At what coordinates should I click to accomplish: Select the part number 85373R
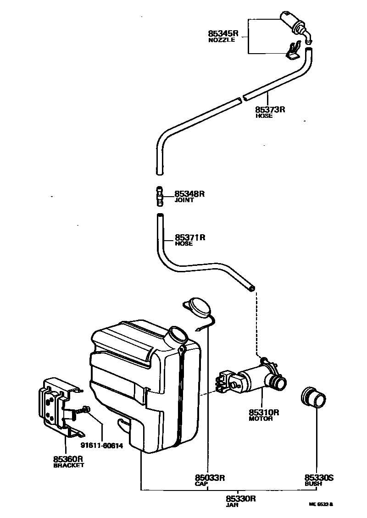(271, 110)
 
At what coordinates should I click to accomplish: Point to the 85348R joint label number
(189, 194)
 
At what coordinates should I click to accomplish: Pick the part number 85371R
(189, 237)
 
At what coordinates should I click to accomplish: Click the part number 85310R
(264, 412)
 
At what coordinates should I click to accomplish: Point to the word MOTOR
(261, 419)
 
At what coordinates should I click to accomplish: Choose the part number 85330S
(319, 478)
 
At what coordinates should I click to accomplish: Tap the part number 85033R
(210, 478)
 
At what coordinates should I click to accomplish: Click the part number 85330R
(240, 499)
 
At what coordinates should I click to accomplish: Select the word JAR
(231, 505)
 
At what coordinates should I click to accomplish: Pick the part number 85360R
(68, 458)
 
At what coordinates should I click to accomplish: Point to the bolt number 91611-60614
(102, 445)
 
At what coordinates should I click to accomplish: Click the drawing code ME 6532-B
(321, 504)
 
